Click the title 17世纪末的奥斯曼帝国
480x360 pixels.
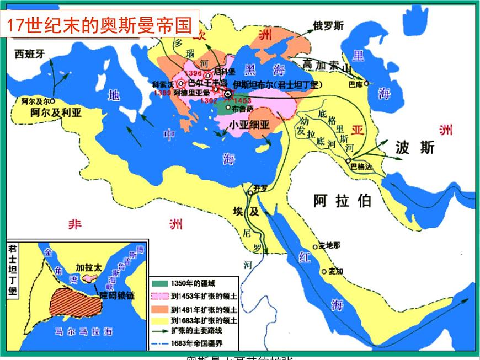[102, 25]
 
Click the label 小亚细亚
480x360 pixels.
[249, 125]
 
